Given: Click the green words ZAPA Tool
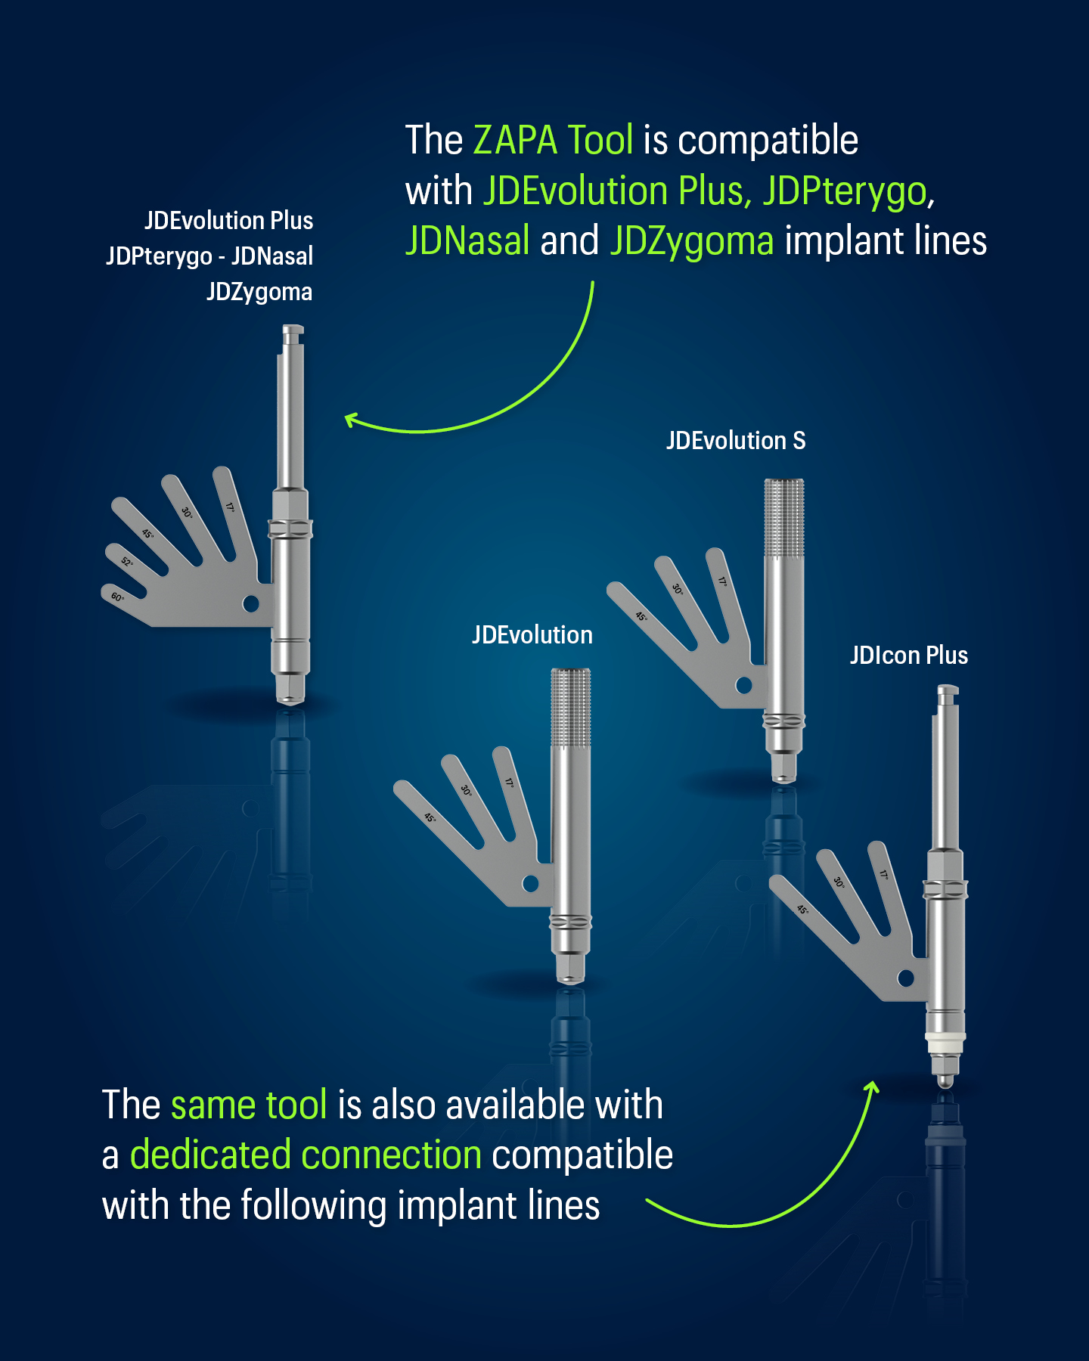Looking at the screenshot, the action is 553,140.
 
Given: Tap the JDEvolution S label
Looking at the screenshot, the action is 736,440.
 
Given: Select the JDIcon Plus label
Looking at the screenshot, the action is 908,655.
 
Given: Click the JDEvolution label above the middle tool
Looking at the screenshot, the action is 532,634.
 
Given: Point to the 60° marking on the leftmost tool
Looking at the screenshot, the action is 117,597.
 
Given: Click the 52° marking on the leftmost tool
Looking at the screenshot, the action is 127,562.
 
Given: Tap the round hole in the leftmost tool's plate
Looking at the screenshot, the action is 251,603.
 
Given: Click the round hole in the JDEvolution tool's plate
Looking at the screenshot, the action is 531,883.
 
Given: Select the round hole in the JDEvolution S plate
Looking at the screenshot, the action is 744,685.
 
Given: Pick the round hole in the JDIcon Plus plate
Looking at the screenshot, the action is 906,978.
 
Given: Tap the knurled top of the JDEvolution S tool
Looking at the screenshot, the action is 784,518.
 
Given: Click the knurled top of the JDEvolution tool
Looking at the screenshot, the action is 571,708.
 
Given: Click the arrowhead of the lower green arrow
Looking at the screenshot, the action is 873,1087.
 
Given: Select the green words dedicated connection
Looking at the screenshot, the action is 306,1155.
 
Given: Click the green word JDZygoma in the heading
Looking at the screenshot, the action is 692,240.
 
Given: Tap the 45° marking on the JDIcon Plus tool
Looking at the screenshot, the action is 802,909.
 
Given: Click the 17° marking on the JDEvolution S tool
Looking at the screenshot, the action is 722,581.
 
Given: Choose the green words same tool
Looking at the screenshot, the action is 249,1105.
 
